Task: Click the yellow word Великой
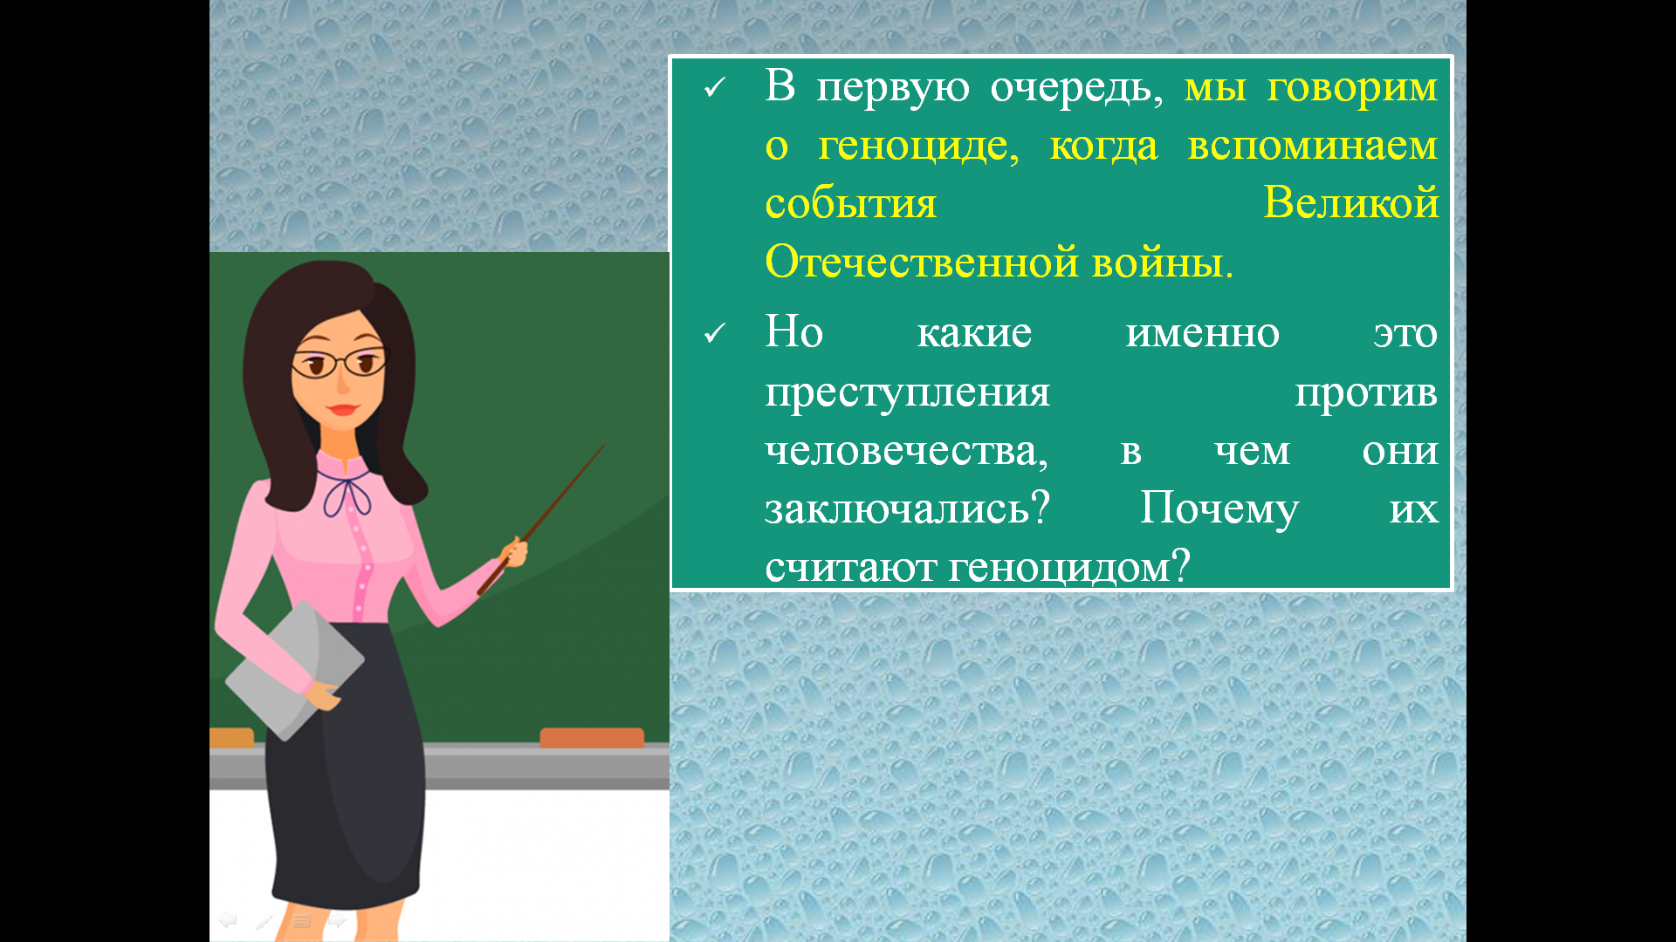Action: coord(1350,202)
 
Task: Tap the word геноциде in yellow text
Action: coord(917,147)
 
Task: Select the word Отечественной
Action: coord(921,261)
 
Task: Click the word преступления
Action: coord(907,393)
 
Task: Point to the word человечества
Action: coord(906,452)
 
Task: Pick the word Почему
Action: coord(1219,509)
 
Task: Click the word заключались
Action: coord(907,510)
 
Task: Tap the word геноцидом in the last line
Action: coord(1068,568)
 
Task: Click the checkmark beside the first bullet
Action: coord(715,87)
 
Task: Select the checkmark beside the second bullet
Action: coord(715,333)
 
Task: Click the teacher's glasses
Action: coord(339,363)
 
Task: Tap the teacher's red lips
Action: coord(342,409)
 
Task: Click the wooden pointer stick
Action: coord(541,520)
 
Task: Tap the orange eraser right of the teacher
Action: coord(592,738)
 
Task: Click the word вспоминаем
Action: coord(1313,146)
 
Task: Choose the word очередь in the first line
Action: coord(1077,88)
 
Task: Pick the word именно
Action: coord(1203,334)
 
